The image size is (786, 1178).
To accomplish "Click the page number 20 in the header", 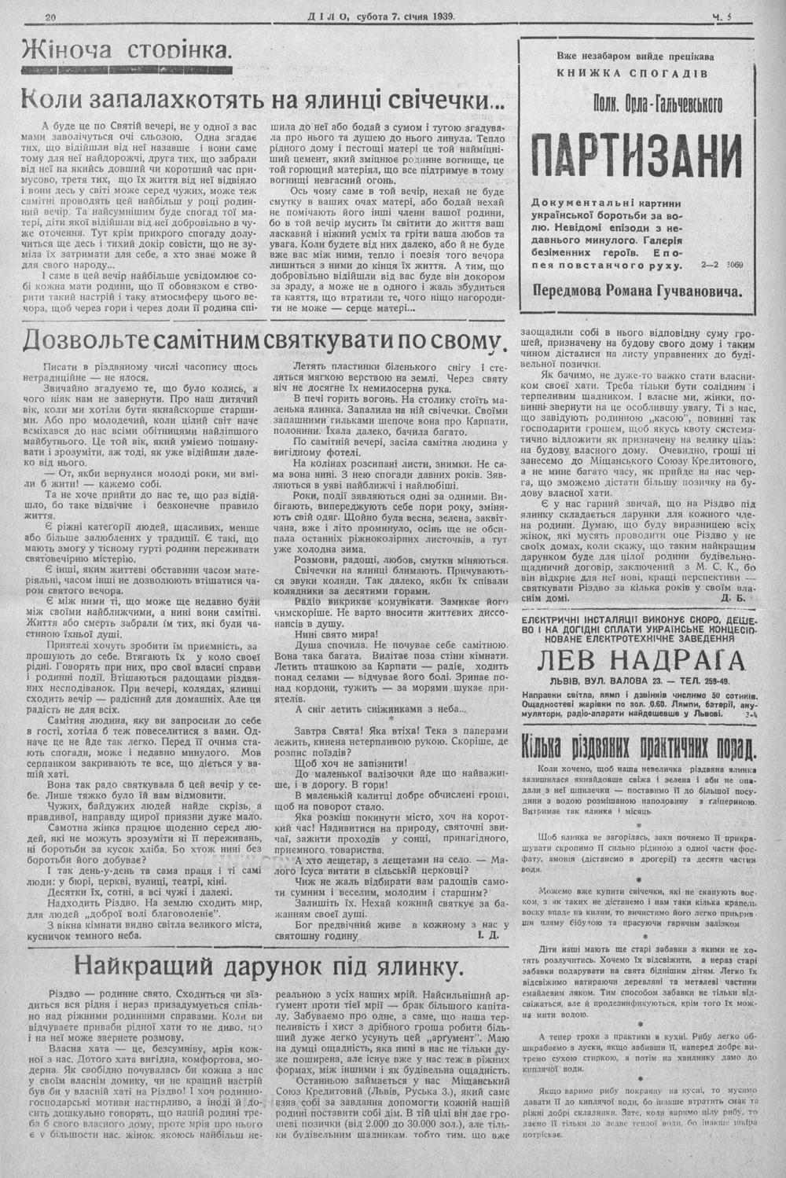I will tap(53, 17).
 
